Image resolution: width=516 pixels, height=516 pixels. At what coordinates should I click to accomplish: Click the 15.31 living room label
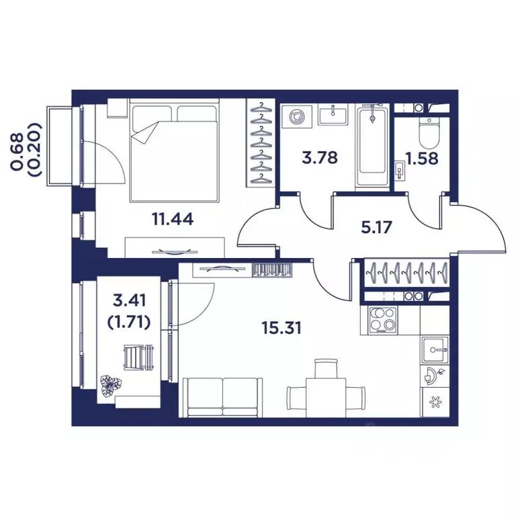click(281, 328)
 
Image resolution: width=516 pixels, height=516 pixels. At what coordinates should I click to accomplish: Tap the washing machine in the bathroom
click(296, 118)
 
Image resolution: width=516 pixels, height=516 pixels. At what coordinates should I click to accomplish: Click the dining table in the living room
click(325, 393)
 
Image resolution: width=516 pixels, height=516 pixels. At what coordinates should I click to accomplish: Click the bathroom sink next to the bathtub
click(332, 115)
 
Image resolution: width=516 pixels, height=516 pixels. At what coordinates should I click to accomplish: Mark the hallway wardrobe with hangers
click(406, 273)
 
